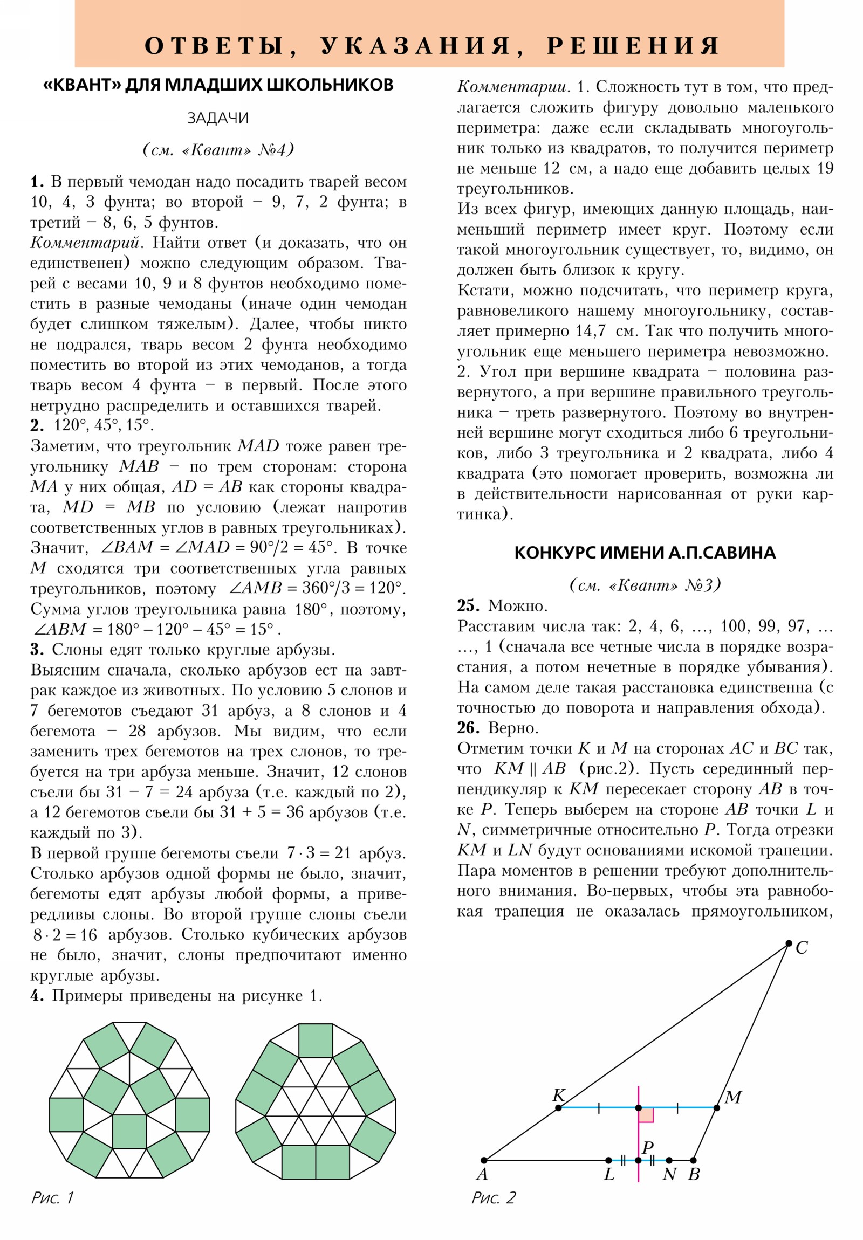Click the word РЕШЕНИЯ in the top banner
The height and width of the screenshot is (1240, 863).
click(633, 46)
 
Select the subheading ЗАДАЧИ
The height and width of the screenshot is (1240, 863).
click(218, 118)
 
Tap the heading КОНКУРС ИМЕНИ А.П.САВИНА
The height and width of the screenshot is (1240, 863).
click(645, 553)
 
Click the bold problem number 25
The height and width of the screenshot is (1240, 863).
click(468, 605)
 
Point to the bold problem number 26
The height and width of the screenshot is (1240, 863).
click(468, 727)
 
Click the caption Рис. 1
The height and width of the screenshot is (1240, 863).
click(52, 1197)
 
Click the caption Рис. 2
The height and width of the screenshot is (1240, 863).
click(494, 1197)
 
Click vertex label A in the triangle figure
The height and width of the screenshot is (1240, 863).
click(482, 1174)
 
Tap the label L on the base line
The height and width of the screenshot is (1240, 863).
click(609, 1174)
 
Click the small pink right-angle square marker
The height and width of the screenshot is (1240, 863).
click(646, 1115)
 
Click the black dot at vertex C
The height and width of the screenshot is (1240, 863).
click(789, 943)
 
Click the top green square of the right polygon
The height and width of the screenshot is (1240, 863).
click(316, 1040)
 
